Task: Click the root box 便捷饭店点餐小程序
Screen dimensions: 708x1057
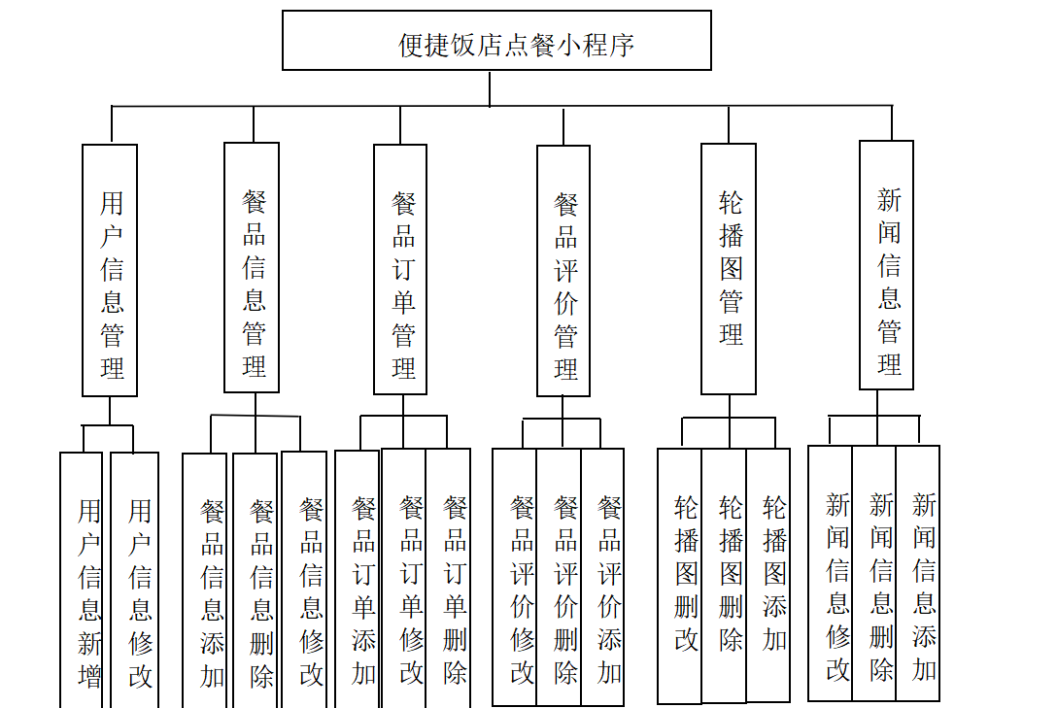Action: click(496, 41)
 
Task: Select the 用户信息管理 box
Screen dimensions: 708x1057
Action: click(110, 270)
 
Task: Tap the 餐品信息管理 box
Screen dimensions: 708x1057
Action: click(252, 267)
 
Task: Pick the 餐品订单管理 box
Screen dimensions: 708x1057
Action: click(400, 270)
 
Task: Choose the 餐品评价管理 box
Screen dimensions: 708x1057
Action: click(563, 271)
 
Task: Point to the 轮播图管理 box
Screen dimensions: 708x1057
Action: click(729, 269)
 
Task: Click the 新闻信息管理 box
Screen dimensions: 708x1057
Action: click(886, 265)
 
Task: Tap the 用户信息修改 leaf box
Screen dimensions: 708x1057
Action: click(135, 580)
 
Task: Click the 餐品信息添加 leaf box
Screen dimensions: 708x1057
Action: click(204, 580)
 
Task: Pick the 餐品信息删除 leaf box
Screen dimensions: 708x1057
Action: click(256, 580)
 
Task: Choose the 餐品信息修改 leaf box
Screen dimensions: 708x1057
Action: click(304, 580)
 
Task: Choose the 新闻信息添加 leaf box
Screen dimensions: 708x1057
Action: click(918, 573)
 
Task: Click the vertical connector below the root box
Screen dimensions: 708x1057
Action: click(490, 88)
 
